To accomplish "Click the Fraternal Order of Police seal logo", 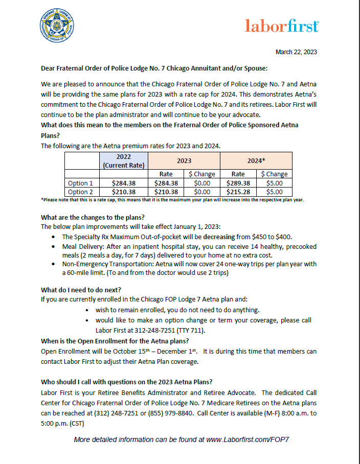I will click(56, 27).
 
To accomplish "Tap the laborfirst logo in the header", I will click(282, 26).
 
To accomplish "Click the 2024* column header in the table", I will click(256, 160).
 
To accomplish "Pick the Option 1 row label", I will click(81, 183).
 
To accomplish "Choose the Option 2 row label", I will click(81, 192).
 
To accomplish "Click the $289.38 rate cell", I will click(238, 183).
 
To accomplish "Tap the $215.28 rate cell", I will click(238, 192).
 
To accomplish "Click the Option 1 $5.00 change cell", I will click(274, 183).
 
